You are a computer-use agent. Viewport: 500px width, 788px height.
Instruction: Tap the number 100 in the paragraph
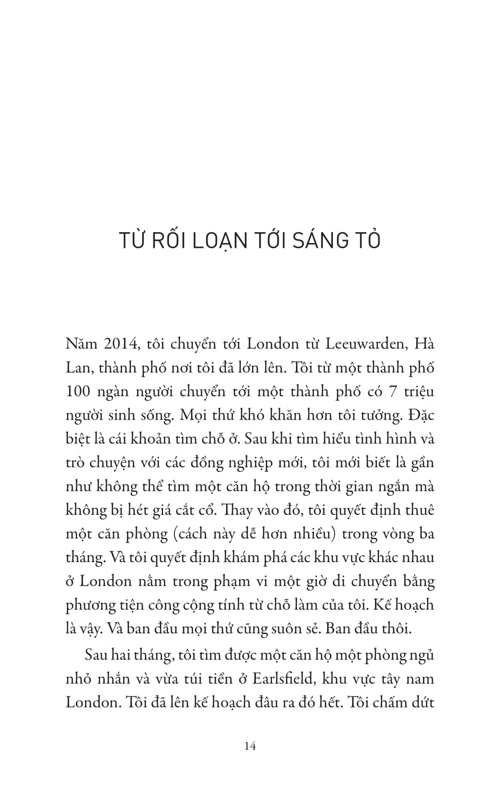pos(78,392)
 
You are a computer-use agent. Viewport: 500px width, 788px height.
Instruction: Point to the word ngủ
pos(422,655)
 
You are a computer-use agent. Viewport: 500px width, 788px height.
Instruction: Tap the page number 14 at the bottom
pos(250,746)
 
